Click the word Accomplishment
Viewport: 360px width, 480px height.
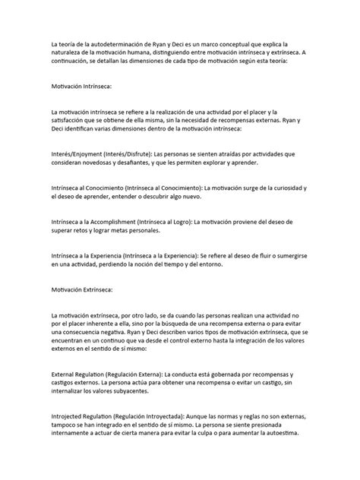(111, 221)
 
